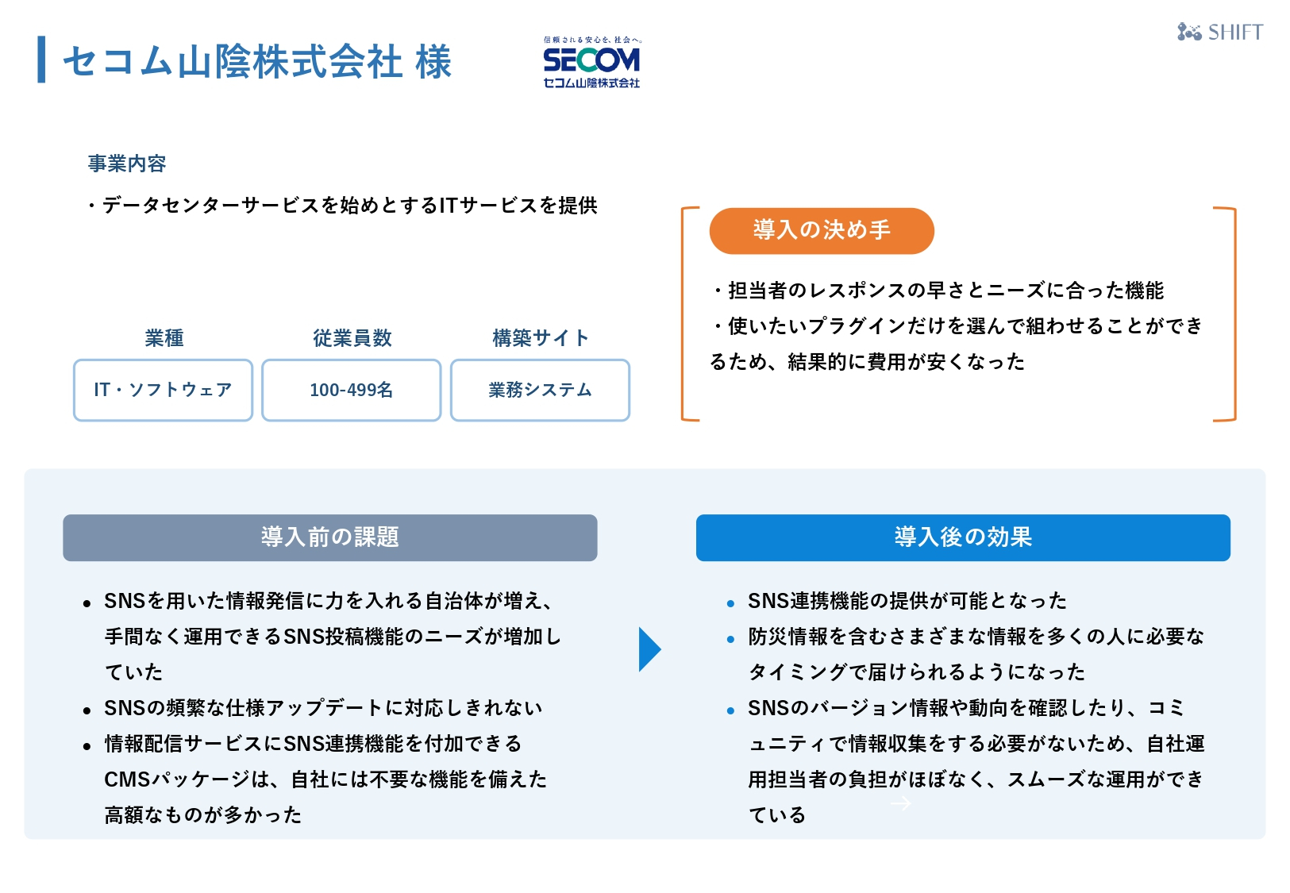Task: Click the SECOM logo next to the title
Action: (x=592, y=62)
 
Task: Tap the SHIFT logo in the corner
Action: (x=1220, y=32)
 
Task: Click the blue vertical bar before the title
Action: (x=41, y=60)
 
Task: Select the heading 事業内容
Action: (x=127, y=164)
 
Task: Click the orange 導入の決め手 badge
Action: (x=821, y=230)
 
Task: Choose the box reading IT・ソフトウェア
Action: (x=163, y=390)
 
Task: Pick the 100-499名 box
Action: (x=352, y=390)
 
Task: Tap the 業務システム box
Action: (x=540, y=390)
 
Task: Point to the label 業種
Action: (x=164, y=338)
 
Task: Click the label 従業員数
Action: (x=352, y=338)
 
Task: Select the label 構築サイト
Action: (x=541, y=338)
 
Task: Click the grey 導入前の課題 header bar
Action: (x=330, y=537)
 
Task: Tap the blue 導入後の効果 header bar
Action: (x=963, y=537)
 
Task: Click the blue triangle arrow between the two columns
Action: (x=649, y=649)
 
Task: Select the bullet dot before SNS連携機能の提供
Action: (x=730, y=603)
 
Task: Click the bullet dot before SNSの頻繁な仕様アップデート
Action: (x=87, y=710)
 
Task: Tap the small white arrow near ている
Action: (x=901, y=803)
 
